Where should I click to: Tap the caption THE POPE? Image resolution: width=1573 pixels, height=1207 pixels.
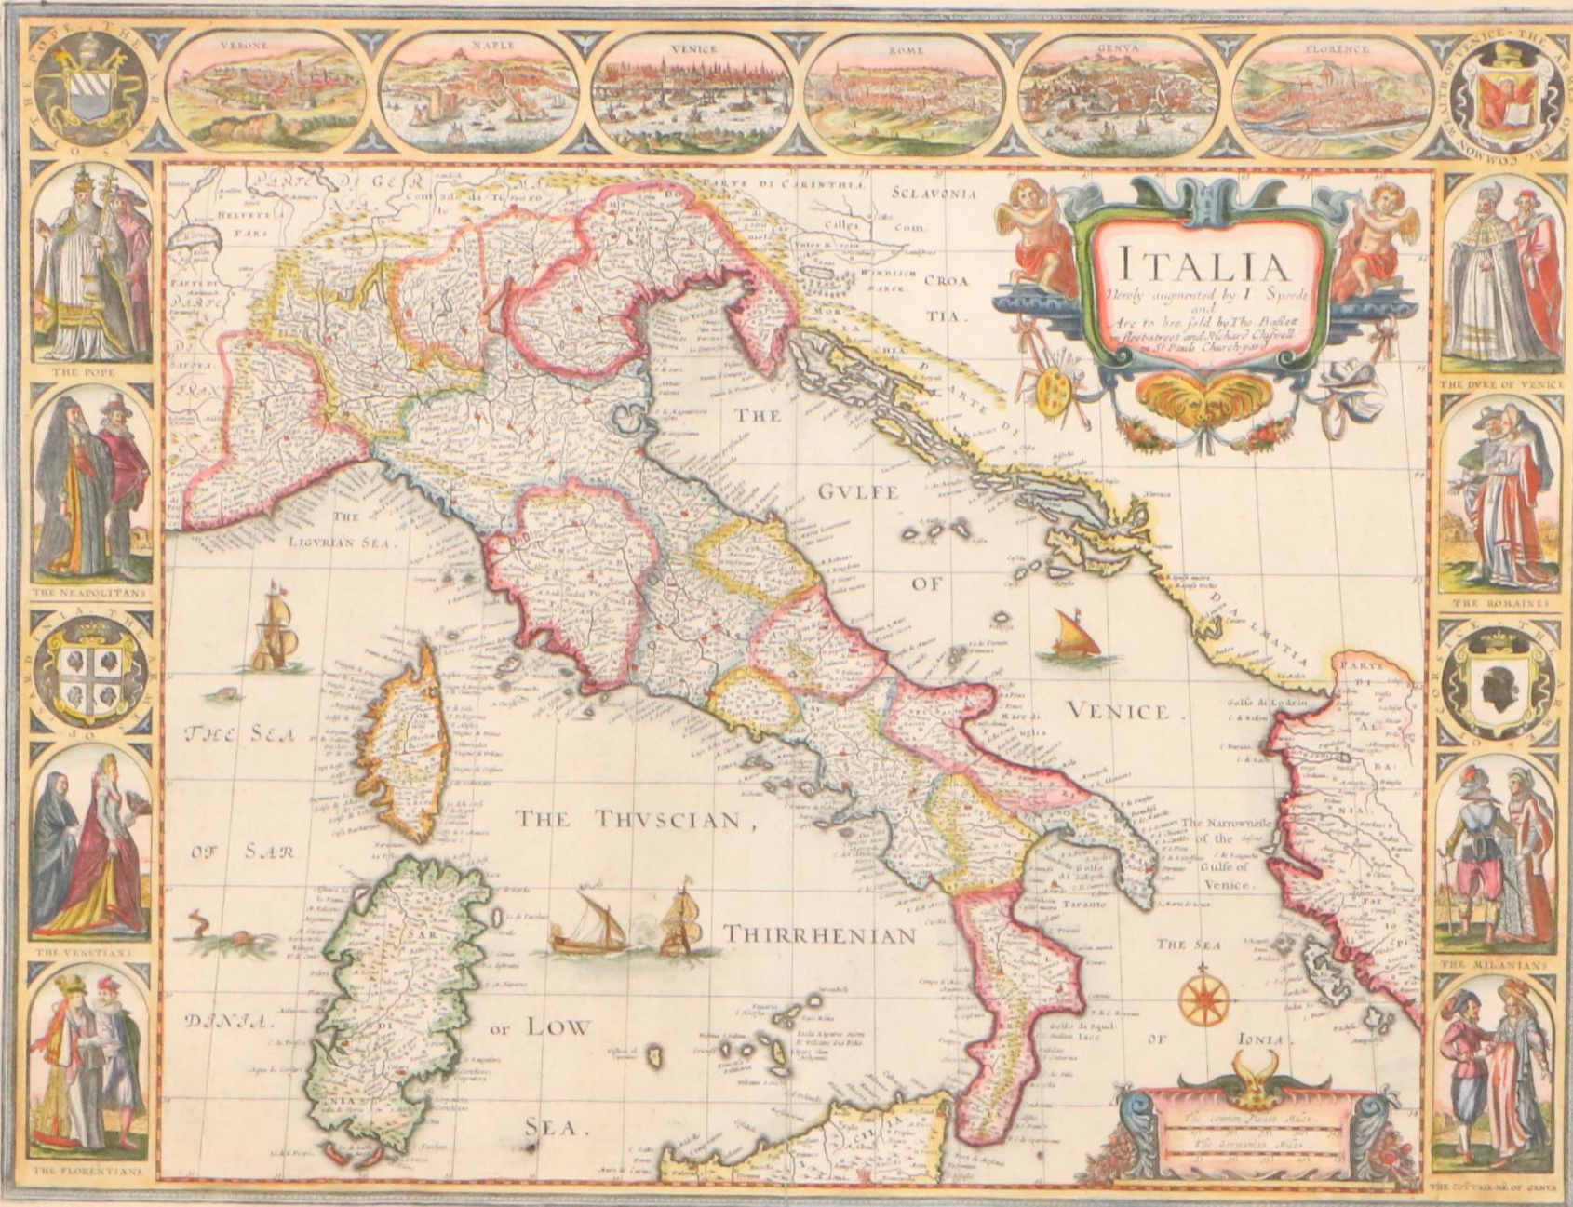click(89, 371)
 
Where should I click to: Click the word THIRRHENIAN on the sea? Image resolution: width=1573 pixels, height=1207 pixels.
click(820, 934)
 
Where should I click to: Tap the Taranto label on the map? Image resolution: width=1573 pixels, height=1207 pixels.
click(1083, 904)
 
